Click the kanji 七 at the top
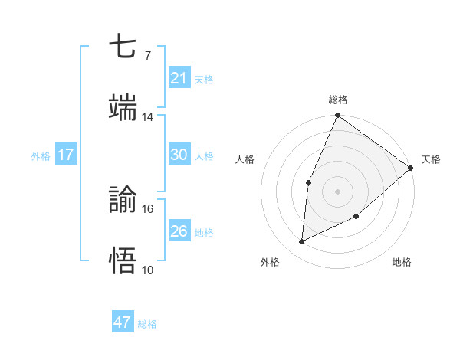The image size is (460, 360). [123, 47]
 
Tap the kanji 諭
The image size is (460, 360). [123, 201]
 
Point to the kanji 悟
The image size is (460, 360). [123, 261]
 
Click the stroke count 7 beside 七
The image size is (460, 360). [147, 56]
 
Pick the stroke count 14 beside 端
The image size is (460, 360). [147, 116]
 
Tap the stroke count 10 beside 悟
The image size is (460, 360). [147, 270]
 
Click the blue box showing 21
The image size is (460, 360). [179, 78]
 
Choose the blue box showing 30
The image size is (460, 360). [179, 155]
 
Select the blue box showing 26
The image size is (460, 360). [179, 231]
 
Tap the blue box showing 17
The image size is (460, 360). [65, 155]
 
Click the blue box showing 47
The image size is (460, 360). [123, 322]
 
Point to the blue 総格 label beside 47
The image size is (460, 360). [147, 324]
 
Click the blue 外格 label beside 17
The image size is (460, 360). [41, 155]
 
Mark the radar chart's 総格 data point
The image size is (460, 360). [337, 116]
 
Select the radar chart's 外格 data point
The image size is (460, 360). [302, 242]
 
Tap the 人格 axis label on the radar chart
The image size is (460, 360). [245, 159]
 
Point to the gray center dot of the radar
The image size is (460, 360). [337, 191]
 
